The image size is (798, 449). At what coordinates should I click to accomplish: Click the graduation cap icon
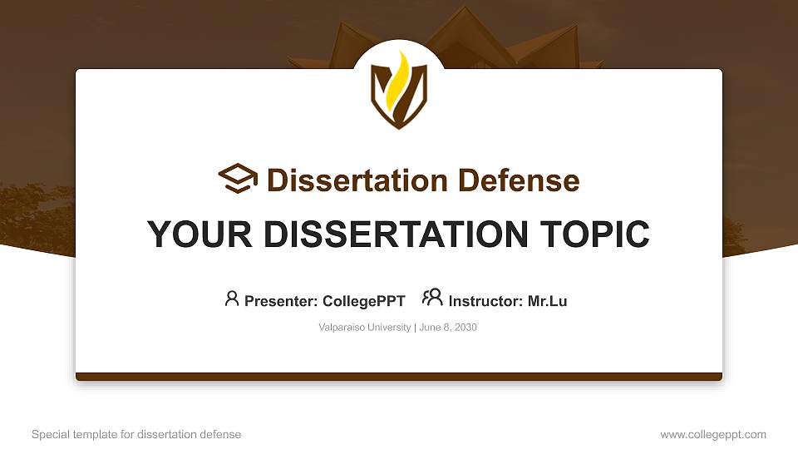[x=238, y=179]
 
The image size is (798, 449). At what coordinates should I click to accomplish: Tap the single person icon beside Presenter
[x=232, y=299]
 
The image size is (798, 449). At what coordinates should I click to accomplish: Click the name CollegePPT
[x=364, y=301]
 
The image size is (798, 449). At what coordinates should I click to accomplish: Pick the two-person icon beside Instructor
[x=432, y=299]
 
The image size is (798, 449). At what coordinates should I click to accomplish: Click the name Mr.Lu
[x=547, y=301]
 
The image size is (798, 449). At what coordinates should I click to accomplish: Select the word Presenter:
[x=281, y=301]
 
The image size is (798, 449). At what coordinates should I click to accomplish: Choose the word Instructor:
[x=486, y=301]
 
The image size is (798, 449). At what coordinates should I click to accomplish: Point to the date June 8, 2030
[x=448, y=328]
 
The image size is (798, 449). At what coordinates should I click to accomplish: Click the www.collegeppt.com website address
[x=713, y=434]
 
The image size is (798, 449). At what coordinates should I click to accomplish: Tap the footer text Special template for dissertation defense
[x=136, y=434]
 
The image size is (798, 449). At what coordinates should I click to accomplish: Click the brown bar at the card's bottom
[x=399, y=377]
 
